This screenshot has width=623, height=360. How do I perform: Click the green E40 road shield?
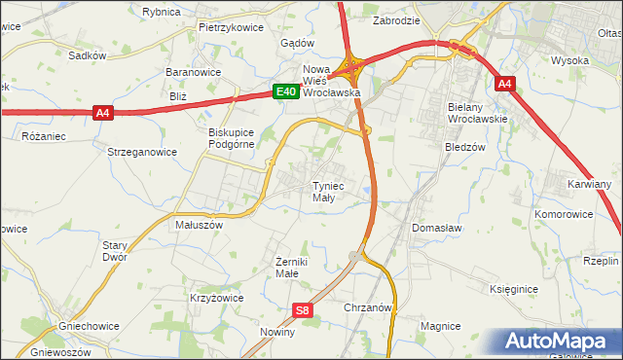284,91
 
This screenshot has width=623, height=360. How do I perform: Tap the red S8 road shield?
303,310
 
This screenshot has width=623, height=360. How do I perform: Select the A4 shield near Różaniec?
104,113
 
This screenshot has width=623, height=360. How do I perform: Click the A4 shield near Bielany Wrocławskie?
503,85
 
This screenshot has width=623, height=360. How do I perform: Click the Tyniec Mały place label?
324,191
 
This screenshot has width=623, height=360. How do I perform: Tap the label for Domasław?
436,227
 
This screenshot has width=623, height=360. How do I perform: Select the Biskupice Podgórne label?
231,137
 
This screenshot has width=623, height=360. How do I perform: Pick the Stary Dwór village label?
115,252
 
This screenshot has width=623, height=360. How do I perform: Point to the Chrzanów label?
367,306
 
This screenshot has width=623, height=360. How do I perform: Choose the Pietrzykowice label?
231,28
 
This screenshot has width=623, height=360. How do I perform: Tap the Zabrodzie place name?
396,19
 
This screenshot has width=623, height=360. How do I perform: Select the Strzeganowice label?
142,151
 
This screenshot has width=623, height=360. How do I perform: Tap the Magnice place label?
440,326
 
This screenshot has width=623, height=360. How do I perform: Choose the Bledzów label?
464,148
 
